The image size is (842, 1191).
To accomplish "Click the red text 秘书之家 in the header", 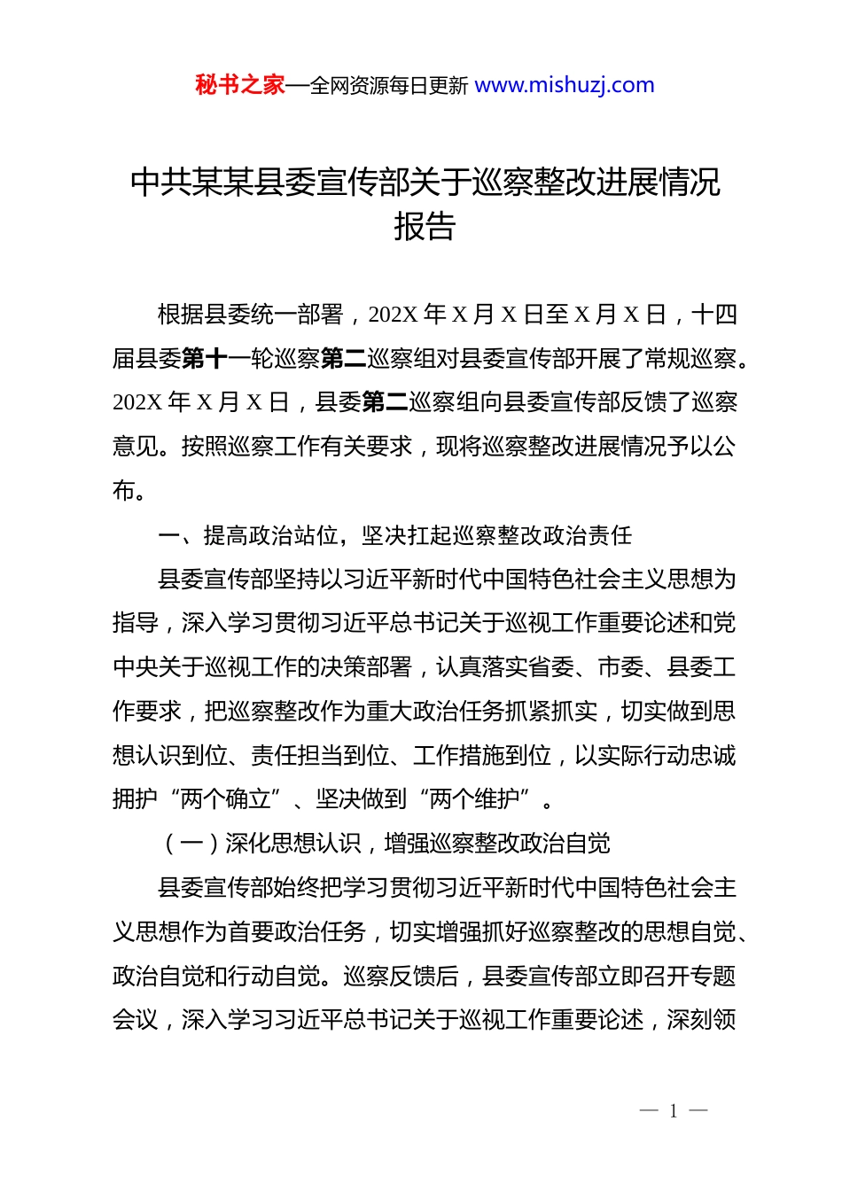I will (x=240, y=85).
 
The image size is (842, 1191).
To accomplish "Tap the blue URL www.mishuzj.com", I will (x=565, y=85).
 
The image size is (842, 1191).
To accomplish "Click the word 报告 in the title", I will (x=425, y=227).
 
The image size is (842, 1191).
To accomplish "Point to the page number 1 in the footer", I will (x=674, y=1111).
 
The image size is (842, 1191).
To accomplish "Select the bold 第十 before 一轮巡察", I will (x=205, y=359).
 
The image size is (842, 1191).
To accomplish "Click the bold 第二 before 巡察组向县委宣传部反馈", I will (x=386, y=402).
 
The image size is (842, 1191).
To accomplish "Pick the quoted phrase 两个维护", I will (x=475, y=799).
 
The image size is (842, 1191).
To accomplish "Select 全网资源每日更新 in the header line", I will (x=389, y=86).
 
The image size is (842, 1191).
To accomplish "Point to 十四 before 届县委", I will (x=714, y=315).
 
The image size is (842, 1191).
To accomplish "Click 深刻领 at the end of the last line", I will (x=702, y=1020).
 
